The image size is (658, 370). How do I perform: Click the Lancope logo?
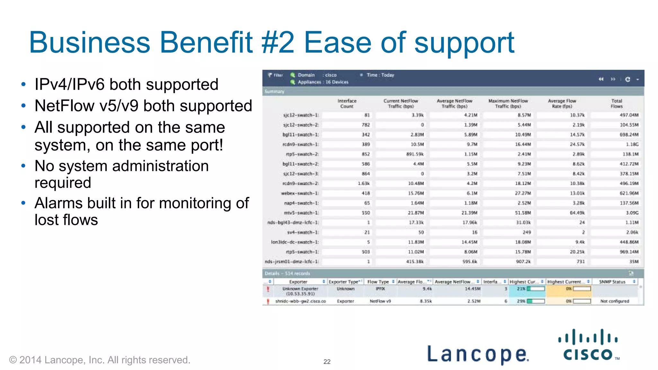coord(477,354)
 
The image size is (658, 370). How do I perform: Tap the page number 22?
coord(327,362)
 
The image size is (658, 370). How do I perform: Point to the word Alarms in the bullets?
coord(59,203)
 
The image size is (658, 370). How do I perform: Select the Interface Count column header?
coord(347,103)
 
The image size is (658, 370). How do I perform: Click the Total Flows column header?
coord(616,103)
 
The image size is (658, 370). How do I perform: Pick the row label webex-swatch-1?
coord(300,193)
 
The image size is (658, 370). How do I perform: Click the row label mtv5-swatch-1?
coord(301,213)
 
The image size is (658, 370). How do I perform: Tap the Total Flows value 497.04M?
coord(629,115)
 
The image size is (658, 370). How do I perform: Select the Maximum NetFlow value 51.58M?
coord(523,213)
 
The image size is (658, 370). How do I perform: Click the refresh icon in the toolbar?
coord(627,79)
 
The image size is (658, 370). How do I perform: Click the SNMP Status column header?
coord(612,282)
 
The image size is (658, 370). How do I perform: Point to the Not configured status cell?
coord(614,301)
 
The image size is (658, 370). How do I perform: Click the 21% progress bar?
coord(536,289)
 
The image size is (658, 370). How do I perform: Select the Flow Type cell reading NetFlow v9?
coord(380,301)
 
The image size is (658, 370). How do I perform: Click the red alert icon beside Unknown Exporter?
coord(268,289)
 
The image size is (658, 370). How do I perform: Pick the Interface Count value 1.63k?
coord(364,184)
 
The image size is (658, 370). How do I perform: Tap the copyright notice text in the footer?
coord(100,360)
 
